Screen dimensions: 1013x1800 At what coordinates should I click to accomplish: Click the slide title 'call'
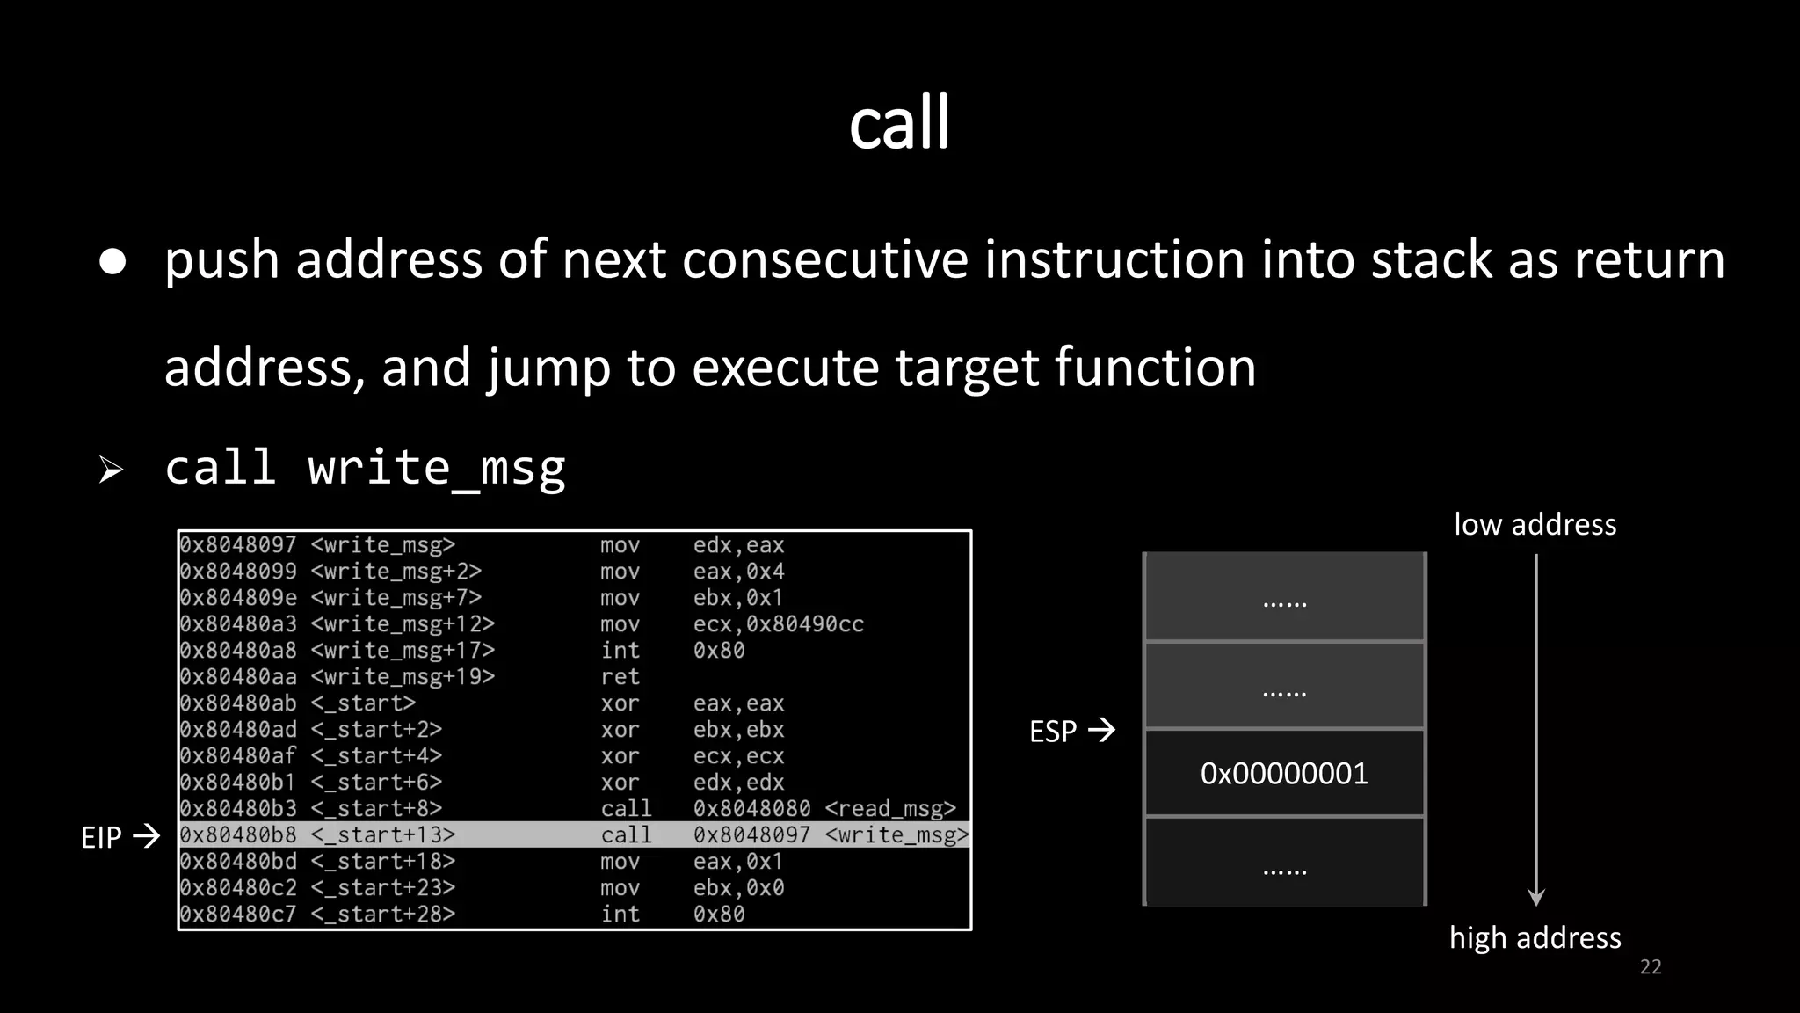pyautogui.click(x=899, y=123)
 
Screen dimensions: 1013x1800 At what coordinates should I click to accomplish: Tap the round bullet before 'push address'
pyautogui.click(x=112, y=261)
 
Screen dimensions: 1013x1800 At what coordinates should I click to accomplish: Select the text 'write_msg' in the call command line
pyautogui.click(x=436, y=467)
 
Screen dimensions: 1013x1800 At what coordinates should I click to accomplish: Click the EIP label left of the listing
pyautogui.click(x=101, y=837)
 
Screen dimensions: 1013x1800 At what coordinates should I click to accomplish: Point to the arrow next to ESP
pyautogui.click(x=1101, y=730)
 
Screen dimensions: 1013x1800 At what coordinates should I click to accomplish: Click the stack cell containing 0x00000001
pyautogui.click(x=1284, y=774)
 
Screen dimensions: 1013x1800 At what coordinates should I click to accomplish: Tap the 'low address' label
pyautogui.click(x=1535, y=525)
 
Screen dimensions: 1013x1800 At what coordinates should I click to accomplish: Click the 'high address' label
pyautogui.click(x=1535, y=938)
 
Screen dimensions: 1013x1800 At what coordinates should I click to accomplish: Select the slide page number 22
pyautogui.click(x=1651, y=967)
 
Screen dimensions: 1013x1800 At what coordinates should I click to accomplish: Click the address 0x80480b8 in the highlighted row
pyautogui.click(x=238, y=835)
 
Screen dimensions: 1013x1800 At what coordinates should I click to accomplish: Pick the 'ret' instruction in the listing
pyautogui.click(x=620, y=677)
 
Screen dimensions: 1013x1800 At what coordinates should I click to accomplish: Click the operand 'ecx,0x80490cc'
pyautogui.click(x=778, y=624)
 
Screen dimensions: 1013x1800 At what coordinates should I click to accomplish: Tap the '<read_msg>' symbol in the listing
pyautogui.click(x=889, y=809)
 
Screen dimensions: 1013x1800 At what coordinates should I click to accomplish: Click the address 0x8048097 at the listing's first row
pyautogui.click(x=238, y=545)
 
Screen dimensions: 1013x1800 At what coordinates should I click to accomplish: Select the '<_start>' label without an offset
pyautogui.click(x=362, y=703)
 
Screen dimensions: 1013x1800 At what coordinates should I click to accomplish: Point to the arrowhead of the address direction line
pyautogui.click(x=1536, y=898)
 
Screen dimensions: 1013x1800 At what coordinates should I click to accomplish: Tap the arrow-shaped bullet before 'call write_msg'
pyautogui.click(x=111, y=470)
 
